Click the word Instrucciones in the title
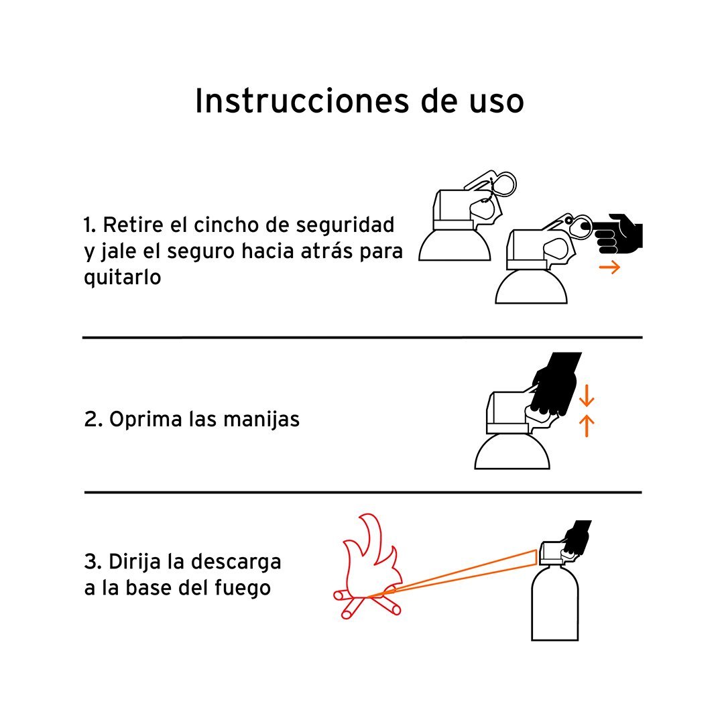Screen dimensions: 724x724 pos(302,101)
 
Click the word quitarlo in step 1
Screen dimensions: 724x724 pos(123,278)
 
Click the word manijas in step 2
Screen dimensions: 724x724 pos(261,420)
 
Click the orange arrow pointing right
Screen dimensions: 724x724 pos(609,267)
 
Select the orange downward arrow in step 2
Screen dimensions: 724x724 pos(587,396)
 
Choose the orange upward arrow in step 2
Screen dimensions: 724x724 pos(587,425)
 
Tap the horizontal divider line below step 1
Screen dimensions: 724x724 pos(363,337)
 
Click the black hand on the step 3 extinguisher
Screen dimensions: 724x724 pos(577,537)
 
